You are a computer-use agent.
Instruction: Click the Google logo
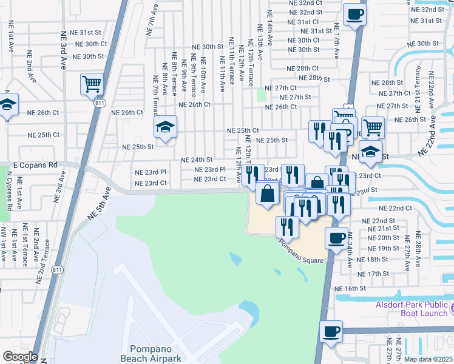pyautogui.click(x=20, y=357)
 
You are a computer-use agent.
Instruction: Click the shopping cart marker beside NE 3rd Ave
pyautogui.click(x=91, y=83)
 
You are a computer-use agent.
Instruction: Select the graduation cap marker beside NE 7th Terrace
pyautogui.click(x=164, y=127)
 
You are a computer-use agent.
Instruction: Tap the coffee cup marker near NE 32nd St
pyautogui.click(x=354, y=14)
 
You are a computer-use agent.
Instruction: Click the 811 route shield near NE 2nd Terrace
pyautogui.click(x=58, y=269)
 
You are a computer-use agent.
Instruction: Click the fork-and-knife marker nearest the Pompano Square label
pyautogui.click(x=286, y=227)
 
